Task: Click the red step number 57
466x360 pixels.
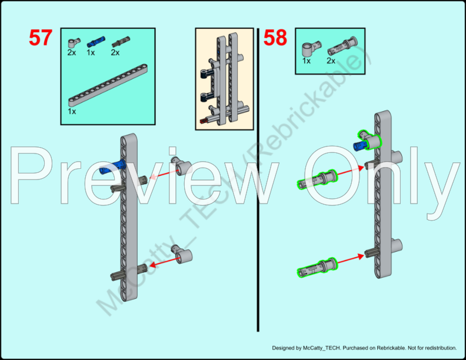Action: pos(41,38)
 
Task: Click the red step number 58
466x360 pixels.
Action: pos(275,38)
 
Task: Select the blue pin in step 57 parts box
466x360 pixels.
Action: pos(96,42)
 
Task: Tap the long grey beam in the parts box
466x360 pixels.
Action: pos(108,85)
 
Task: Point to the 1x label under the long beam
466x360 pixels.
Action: pos(72,111)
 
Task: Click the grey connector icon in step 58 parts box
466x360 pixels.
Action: pos(311,49)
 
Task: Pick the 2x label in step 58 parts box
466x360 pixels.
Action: pos(331,61)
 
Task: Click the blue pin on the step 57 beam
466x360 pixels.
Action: pos(112,166)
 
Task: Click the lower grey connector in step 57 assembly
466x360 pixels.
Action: pos(182,254)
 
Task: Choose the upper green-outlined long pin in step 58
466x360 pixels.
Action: pos(317,179)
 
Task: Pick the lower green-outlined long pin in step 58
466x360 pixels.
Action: pos(317,267)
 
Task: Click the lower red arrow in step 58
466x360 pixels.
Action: pos(351,258)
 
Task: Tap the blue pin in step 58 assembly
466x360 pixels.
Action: pos(360,145)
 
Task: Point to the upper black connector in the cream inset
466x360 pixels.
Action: pos(207,74)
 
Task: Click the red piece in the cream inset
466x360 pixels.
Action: pos(204,121)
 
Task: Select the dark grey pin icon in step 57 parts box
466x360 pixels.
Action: pos(121,42)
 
